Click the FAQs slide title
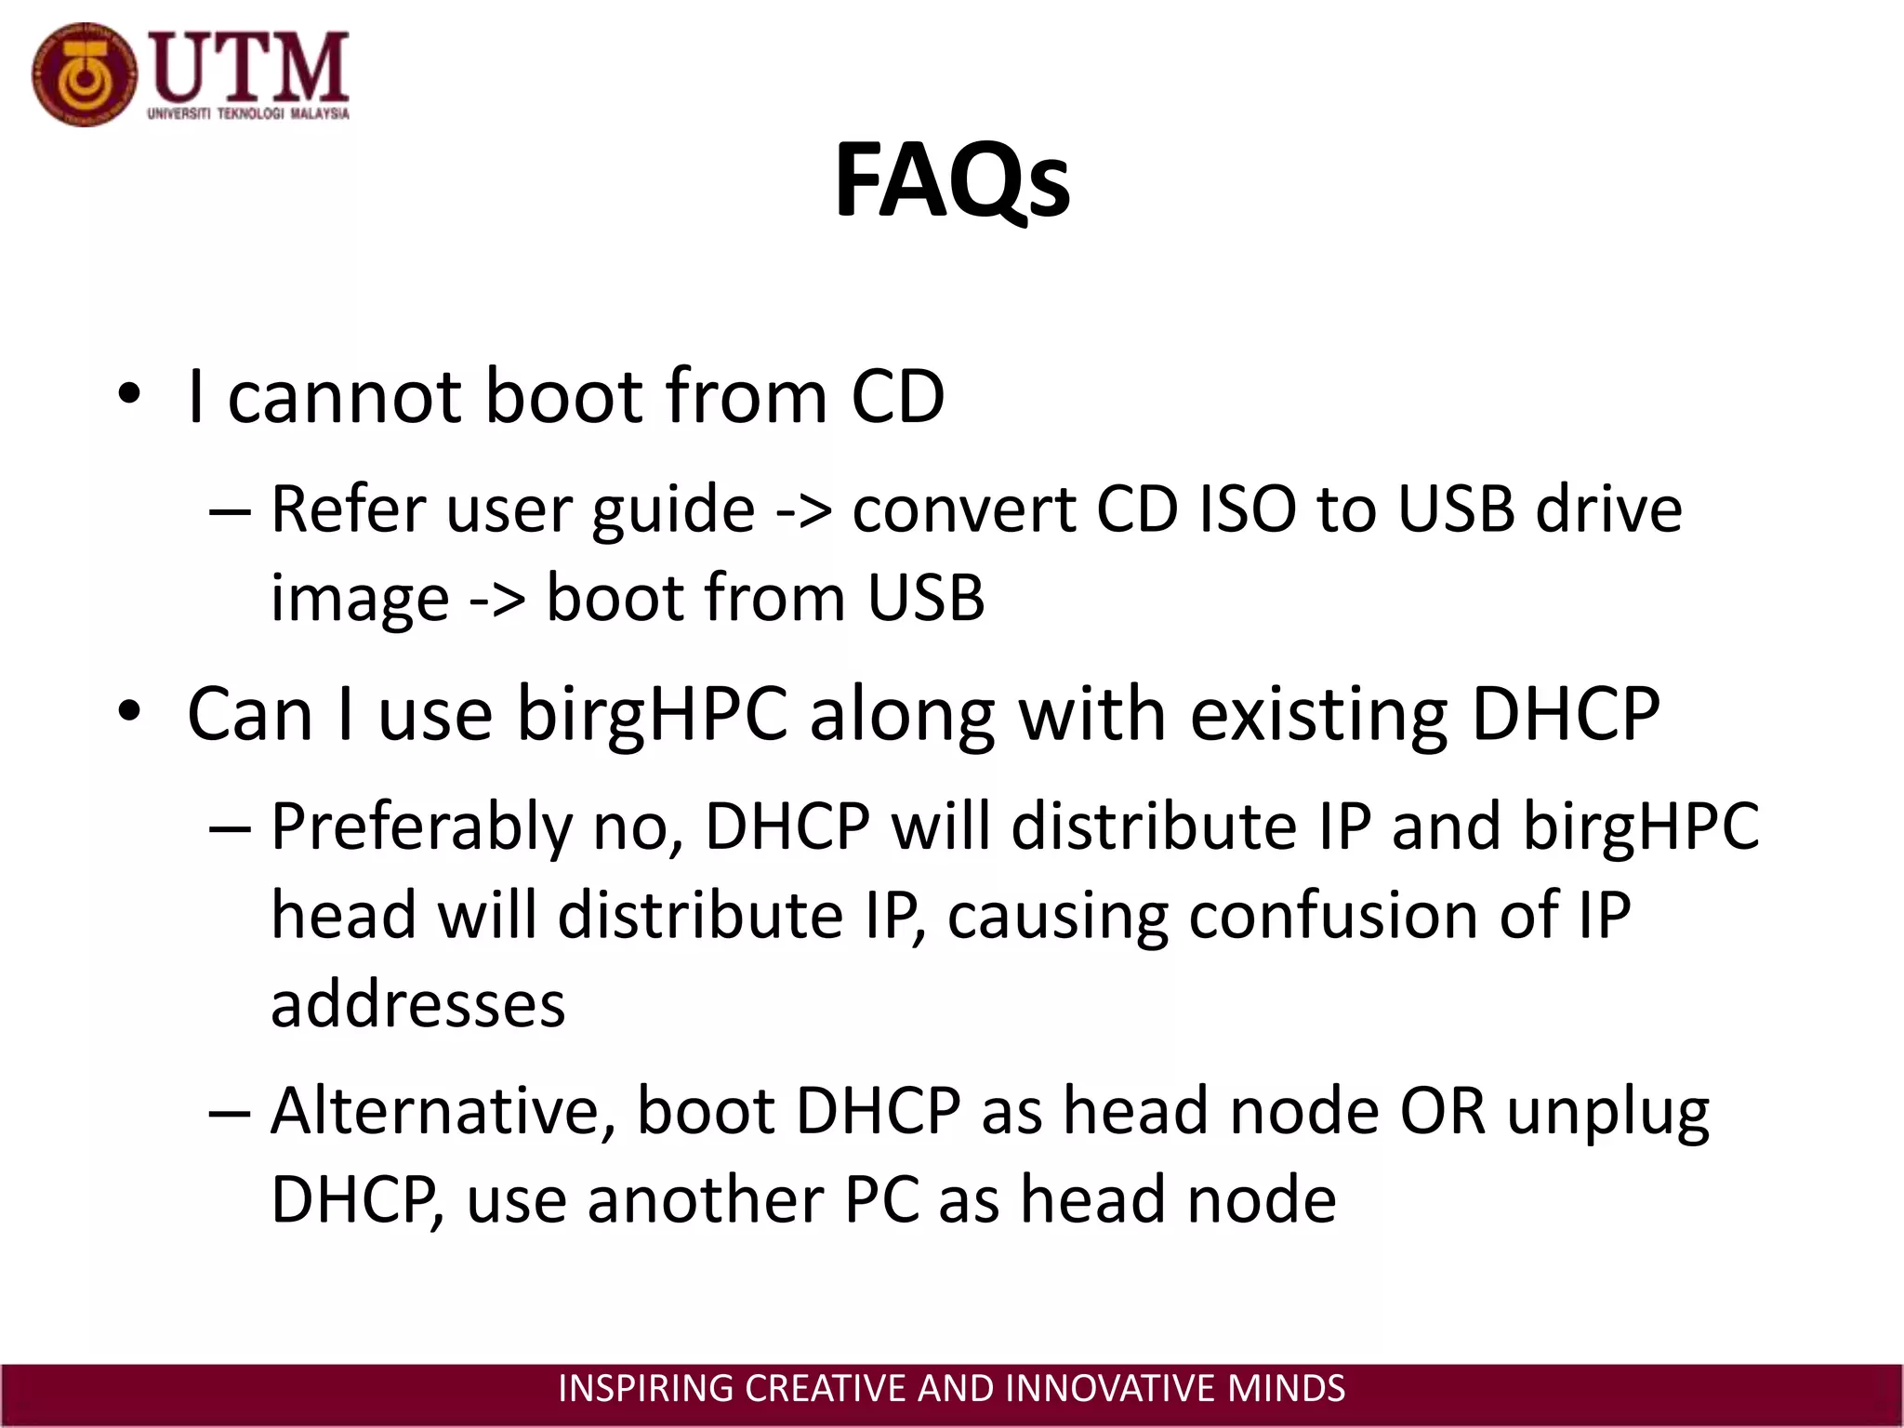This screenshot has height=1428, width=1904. point(952,180)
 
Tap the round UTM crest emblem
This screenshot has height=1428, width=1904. point(84,75)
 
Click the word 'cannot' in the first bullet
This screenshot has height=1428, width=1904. point(344,397)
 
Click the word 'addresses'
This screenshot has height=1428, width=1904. point(417,1006)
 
